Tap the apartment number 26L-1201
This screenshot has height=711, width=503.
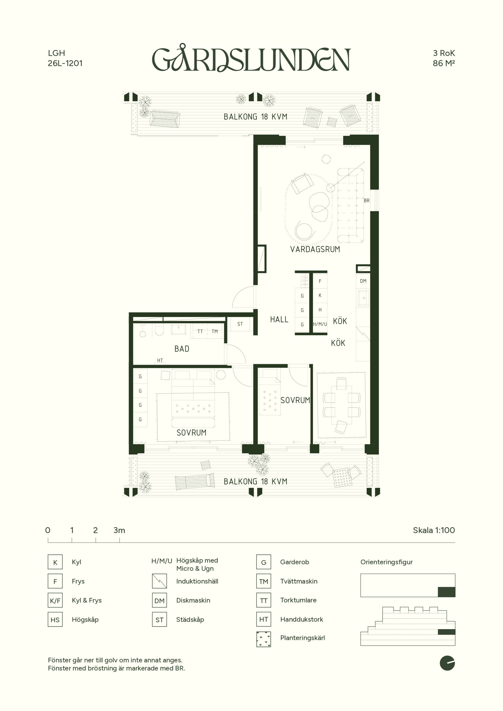[x=65, y=63]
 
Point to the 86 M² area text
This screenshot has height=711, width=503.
[x=444, y=63]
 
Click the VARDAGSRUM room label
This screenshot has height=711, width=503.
[x=315, y=249]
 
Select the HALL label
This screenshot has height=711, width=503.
[x=279, y=320]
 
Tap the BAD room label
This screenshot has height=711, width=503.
[x=182, y=349]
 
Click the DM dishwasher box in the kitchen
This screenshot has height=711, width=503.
[x=363, y=281]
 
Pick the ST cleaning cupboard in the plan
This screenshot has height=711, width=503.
[x=240, y=324]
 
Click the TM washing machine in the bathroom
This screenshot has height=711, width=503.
[x=215, y=331]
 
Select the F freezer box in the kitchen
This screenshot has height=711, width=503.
[x=320, y=281]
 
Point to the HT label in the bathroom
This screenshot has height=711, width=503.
[x=160, y=360]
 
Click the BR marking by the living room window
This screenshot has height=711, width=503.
[x=367, y=201]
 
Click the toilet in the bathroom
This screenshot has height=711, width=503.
[x=159, y=331]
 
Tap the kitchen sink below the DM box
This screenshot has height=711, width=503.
[x=363, y=298]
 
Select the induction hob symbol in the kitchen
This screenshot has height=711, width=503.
[x=363, y=334]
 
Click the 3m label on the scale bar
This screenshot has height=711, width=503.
[x=119, y=530]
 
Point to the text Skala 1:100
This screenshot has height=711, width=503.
[x=434, y=530]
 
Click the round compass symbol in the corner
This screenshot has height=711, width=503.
[x=447, y=663]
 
